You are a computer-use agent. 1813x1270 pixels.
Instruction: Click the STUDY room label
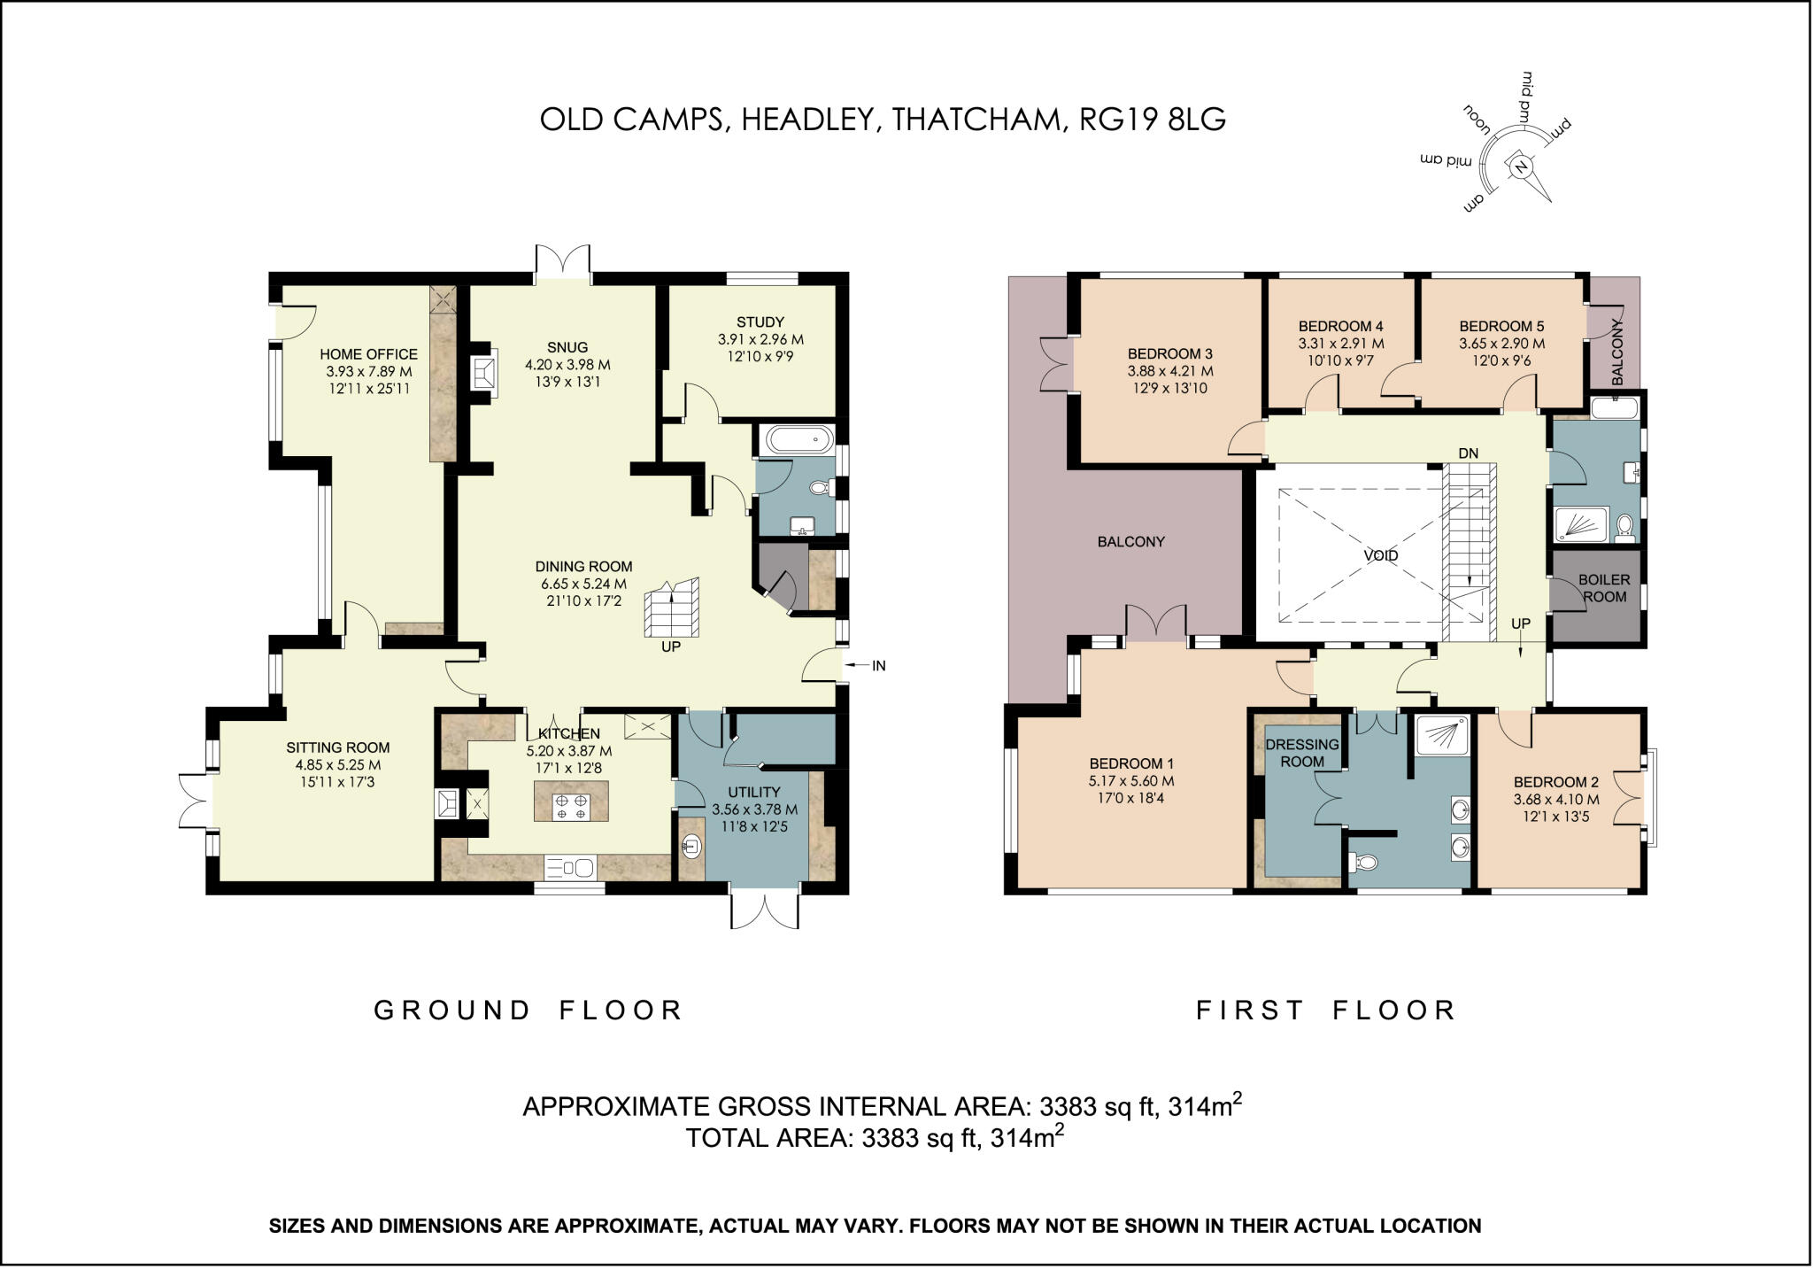tap(760, 322)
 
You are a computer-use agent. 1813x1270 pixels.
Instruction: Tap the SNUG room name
tap(567, 347)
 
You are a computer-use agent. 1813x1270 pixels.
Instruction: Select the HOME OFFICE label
tap(368, 354)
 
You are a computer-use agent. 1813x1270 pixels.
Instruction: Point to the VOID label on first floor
tap(1381, 556)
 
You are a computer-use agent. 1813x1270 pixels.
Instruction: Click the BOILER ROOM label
tap(1604, 588)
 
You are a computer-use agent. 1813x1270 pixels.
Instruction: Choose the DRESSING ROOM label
tap(1302, 753)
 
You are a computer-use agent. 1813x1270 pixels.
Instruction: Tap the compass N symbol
tap(1521, 166)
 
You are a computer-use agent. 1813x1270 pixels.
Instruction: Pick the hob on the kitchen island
tap(571, 807)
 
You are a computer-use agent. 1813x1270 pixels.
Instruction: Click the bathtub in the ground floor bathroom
tap(798, 440)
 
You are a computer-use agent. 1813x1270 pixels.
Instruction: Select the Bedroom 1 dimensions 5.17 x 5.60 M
tap(1131, 781)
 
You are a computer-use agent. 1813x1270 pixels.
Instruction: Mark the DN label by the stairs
tap(1469, 453)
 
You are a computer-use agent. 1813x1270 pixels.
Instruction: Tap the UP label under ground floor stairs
tap(671, 647)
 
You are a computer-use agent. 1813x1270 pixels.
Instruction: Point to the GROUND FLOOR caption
tap(528, 1011)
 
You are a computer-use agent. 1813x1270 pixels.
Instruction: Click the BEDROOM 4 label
tap(1341, 326)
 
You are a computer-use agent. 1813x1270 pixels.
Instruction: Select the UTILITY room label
tap(754, 792)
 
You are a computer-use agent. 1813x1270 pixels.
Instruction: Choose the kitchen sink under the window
tap(570, 867)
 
